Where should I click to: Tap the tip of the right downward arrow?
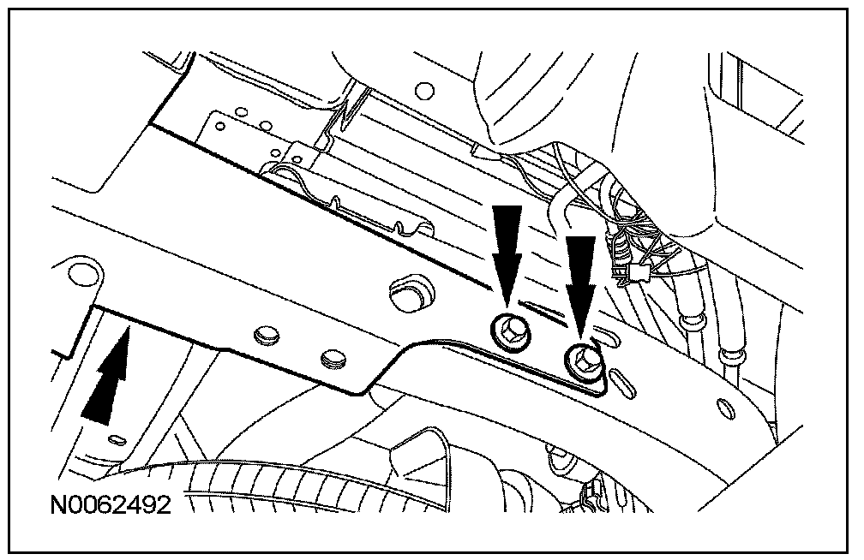click(x=582, y=335)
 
